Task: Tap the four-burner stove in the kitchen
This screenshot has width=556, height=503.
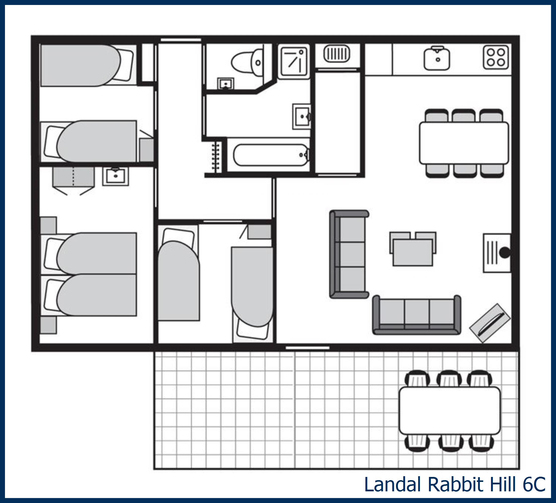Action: [x=496, y=57]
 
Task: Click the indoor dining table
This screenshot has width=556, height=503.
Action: [x=464, y=143]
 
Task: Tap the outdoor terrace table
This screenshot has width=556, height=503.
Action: [x=450, y=411]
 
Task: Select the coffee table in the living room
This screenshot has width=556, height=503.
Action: [x=413, y=252]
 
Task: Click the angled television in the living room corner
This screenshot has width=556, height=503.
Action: [x=490, y=323]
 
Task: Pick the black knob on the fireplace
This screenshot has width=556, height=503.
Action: [x=505, y=253]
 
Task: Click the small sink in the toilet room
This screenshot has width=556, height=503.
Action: [x=226, y=84]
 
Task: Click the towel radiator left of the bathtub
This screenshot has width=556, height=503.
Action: [x=216, y=157]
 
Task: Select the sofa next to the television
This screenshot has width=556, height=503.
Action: [x=417, y=315]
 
